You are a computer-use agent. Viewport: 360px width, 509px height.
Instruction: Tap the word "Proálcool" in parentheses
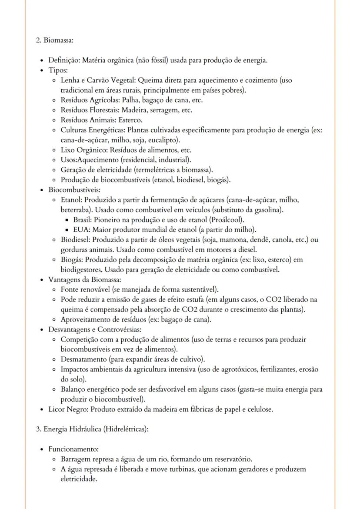tap(227, 220)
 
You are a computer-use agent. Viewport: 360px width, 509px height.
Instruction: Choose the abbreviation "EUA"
tap(80, 230)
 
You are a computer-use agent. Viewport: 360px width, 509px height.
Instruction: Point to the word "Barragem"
tap(75, 459)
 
